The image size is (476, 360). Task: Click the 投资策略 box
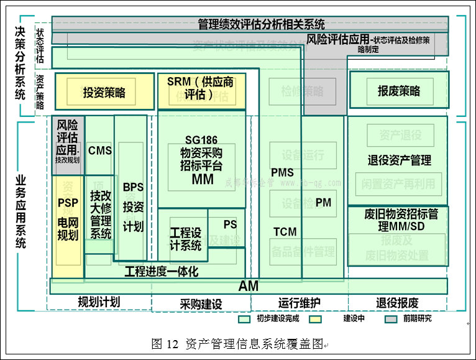[x=104, y=93]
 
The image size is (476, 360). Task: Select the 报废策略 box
[x=398, y=91]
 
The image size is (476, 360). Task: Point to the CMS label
[x=100, y=150]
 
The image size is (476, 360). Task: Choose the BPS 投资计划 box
[x=133, y=206]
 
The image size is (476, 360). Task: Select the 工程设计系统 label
[x=185, y=239]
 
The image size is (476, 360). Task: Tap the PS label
[x=230, y=224]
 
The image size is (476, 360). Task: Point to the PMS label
[x=282, y=172]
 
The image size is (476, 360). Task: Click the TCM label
[x=285, y=232]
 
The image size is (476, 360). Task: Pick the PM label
[x=323, y=203]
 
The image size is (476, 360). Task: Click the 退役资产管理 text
[x=399, y=160]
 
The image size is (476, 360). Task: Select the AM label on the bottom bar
[x=248, y=286]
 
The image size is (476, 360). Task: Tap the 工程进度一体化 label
[x=162, y=272]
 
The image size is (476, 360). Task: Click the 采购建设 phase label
[x=201, y=304]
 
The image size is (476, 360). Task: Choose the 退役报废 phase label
[x=397, y=303]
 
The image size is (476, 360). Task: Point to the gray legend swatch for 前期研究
[x=391, y=319]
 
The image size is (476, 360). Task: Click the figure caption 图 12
[x=165, y=344]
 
